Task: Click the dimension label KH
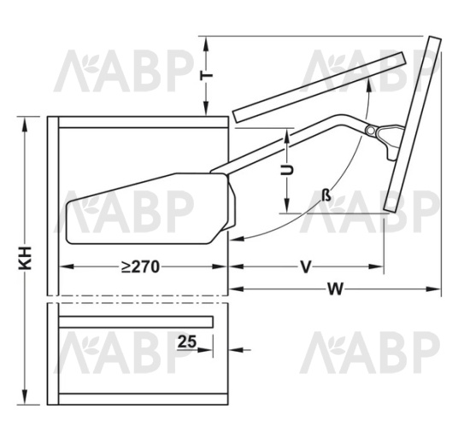(25, 258)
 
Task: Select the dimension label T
(207, 75)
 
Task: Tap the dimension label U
(286, 171)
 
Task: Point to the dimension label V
(306, 266)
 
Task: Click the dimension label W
(334, 289)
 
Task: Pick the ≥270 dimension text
(140, 266)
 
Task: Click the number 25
(187, 341)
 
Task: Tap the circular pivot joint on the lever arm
(371, 131)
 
